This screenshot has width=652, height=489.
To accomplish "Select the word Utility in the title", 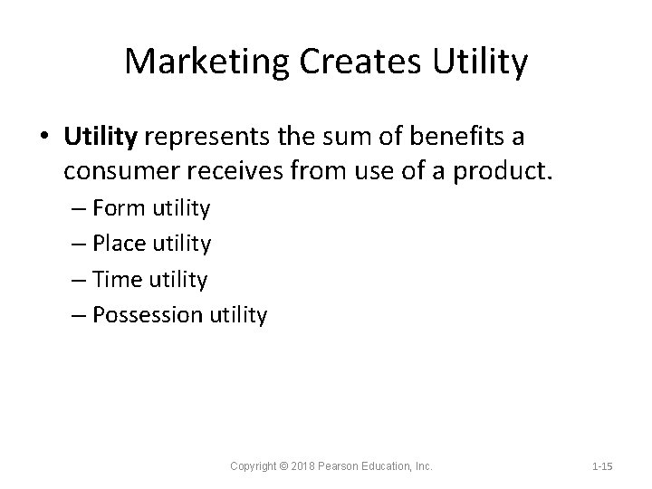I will [479, 62].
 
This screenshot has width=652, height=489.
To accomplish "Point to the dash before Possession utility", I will [79, 315].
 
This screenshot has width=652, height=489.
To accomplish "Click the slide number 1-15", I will [602, 465].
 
